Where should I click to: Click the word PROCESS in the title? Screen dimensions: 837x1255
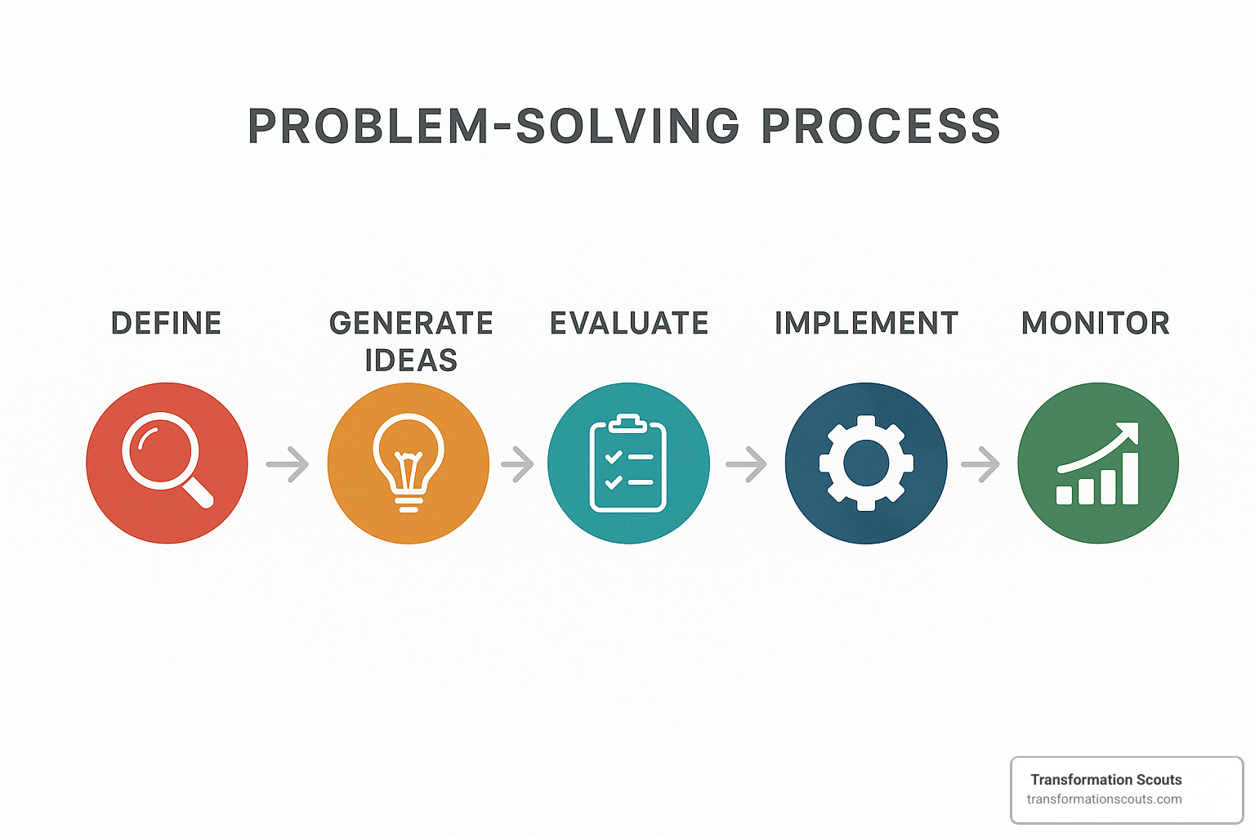point(881,127)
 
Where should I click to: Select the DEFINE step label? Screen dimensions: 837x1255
point(166,324)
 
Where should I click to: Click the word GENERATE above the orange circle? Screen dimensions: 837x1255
point(411,324)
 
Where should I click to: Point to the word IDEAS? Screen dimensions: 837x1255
point(411,360)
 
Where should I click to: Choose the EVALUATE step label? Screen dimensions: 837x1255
point(629,324)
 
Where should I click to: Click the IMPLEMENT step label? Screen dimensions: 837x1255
point(866,324)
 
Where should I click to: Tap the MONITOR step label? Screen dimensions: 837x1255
point(1096,324)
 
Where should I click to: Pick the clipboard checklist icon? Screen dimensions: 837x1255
point(628,463)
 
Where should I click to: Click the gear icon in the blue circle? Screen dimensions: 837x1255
point(866,463)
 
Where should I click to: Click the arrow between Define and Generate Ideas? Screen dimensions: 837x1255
point(288,464)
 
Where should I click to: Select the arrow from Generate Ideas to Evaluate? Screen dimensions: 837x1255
point(518,464)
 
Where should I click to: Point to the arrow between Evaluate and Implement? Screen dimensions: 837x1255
point(747,464)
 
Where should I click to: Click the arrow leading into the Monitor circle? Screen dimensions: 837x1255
point(981,464)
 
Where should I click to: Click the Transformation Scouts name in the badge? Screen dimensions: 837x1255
point(1105,780)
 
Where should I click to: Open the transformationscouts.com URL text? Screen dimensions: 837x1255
point(1104,799)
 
